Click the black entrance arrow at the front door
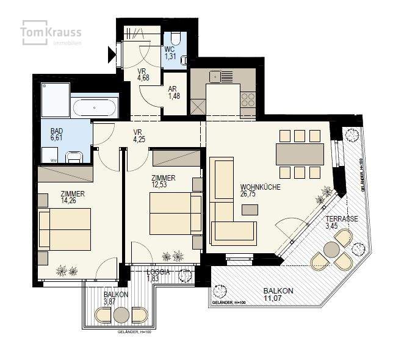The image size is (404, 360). click(112, 57)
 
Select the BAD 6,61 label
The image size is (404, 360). click(56, 135)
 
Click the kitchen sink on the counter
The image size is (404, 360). click(215, 77)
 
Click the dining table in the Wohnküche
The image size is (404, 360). click(299, 154)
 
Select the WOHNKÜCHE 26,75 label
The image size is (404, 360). click(260, 190)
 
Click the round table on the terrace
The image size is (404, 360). click(331, 249)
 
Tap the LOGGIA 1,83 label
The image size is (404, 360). click(157, 275)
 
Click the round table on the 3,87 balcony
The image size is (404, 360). click(121, 314)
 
